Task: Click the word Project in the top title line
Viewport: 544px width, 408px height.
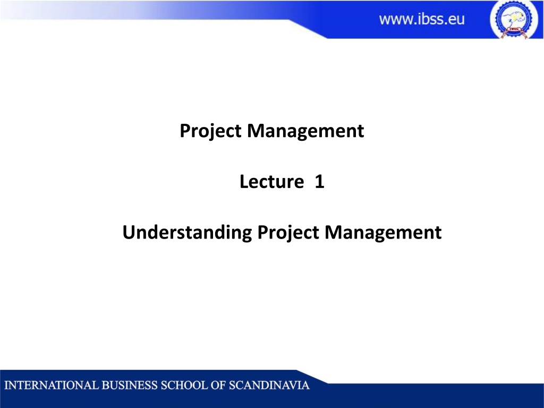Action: [210, 131]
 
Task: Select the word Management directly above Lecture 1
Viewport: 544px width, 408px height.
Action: [305, 131]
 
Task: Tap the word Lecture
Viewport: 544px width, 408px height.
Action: [271, 182]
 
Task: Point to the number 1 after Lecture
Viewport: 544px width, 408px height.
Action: [319, 182]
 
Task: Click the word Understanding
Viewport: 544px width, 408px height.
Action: [187, 233]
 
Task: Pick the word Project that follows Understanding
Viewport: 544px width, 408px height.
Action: [288, 233]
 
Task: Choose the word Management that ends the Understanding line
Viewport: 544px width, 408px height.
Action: [383, 233]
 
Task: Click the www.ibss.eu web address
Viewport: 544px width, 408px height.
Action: [421, 19]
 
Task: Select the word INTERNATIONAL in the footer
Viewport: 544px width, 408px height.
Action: [52, 386]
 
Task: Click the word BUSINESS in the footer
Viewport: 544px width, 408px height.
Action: [130, 386]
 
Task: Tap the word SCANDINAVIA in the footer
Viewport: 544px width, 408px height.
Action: [269, 386]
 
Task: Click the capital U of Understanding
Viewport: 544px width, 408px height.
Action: [129, 233]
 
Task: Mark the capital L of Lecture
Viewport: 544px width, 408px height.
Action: [244, 182]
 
